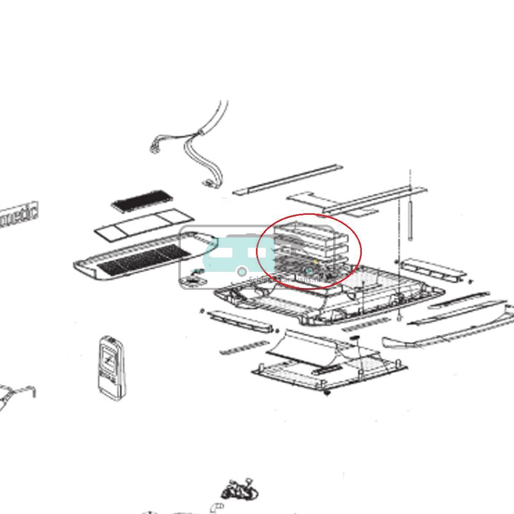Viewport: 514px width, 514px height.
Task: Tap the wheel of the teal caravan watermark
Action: pos(241,270)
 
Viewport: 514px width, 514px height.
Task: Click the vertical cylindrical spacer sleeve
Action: pos(410,221)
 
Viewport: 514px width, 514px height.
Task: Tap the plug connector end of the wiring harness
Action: pos(154,150)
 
